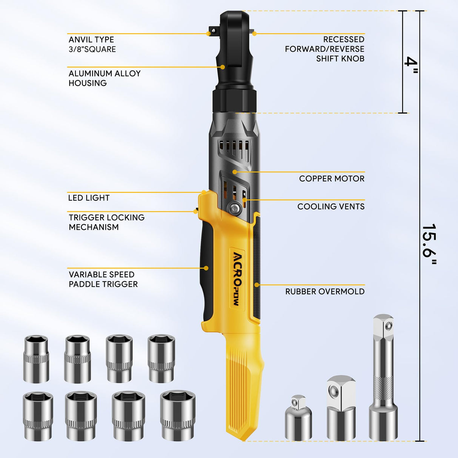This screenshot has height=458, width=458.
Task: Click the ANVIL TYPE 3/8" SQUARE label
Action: tap(92, 45)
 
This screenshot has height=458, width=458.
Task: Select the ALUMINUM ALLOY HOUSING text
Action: tap(105, 78)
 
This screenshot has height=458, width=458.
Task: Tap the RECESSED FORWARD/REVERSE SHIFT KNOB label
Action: tap(324, 49)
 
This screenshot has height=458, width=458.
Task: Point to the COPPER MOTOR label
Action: tap(332, 178)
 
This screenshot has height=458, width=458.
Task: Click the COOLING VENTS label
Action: tap(331, 206)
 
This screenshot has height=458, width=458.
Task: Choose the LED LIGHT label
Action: tap(89, 198)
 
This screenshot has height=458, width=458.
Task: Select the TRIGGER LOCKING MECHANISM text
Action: tap(106, 222)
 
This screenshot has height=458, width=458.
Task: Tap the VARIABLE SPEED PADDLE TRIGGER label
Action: tap(103, 279)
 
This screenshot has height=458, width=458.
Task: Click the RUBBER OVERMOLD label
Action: tap(325, 291)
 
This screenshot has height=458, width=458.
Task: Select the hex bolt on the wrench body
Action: tap(233, 207)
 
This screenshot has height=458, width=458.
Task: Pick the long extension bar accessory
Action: tap(383, 377)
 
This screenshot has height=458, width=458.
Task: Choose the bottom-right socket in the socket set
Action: tap(177, 415)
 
